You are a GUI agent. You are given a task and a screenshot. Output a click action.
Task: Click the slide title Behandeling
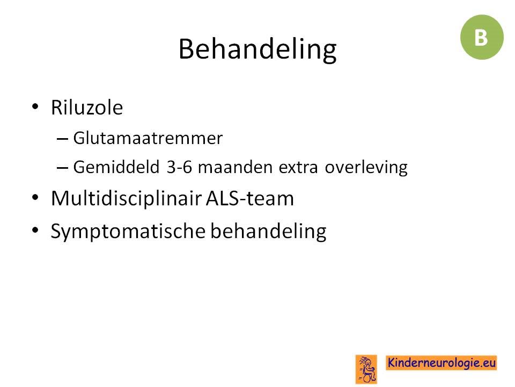pos(257,49)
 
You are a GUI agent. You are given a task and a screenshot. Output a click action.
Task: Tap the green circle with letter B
pos(482,37)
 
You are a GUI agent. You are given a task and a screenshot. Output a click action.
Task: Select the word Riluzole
pos(87,107)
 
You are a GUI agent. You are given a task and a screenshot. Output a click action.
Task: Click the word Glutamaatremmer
pos(148,138)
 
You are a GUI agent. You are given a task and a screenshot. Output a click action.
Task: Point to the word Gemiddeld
pos(116,167)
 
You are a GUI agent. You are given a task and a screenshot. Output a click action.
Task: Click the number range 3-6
pos(179,167)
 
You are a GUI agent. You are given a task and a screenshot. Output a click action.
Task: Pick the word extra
pos(298,168)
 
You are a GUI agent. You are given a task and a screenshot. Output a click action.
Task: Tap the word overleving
pos(366,168)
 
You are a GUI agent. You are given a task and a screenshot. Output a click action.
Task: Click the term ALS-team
pos(250,198)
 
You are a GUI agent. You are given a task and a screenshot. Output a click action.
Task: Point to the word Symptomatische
pos(128,231)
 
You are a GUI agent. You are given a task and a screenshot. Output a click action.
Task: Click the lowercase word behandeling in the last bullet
pos(268,231)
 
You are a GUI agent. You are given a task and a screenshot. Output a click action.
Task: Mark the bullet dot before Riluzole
pos(35,106)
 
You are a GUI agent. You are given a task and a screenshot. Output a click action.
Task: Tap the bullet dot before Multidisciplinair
pos(35,198)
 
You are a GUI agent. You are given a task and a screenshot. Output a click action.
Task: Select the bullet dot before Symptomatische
pos(35,230)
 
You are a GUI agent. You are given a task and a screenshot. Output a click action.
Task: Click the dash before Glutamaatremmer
pos(62,139)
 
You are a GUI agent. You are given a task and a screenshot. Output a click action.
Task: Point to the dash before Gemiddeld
pos(62,168)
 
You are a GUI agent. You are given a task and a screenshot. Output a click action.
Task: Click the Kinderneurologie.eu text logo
pos(441,363)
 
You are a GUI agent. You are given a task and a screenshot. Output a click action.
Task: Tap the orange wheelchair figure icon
pos(366,369)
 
